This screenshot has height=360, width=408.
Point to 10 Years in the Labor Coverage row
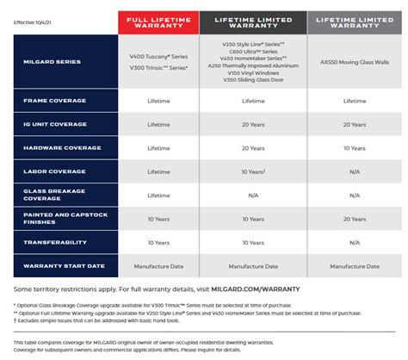point(252,171)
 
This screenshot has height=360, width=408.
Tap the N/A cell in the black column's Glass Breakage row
point(253,196)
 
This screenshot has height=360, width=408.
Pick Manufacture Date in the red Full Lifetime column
point(158,267)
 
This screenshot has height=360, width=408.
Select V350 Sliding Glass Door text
point(253,88)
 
